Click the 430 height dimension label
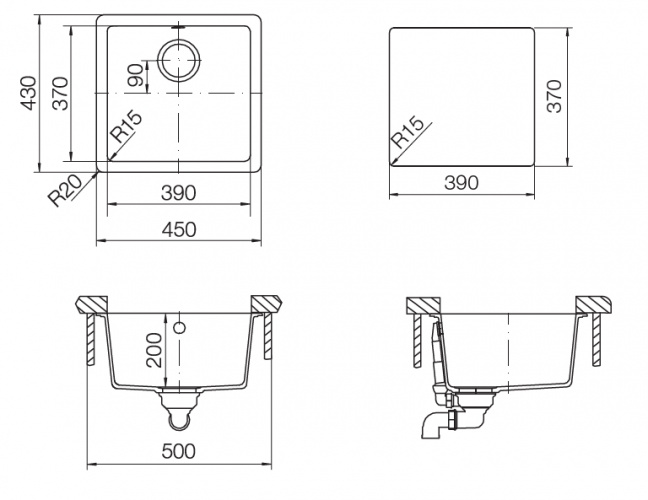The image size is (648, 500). [x=29, y=93]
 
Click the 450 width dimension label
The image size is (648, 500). [x=179, y=230]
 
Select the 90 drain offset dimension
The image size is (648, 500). [x=137, y=74]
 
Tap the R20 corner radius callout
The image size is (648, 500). [x=64, y=190]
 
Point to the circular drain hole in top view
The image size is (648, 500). [x=179, y=60]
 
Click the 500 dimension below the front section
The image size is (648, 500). [x=179, y=451]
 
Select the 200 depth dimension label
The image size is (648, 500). [x=154, y=350]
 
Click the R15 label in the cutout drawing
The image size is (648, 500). [x=407, y=133]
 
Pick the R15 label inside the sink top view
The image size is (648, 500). [x=126, y=127]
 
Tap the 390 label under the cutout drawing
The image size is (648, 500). [x=461, y=183]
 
